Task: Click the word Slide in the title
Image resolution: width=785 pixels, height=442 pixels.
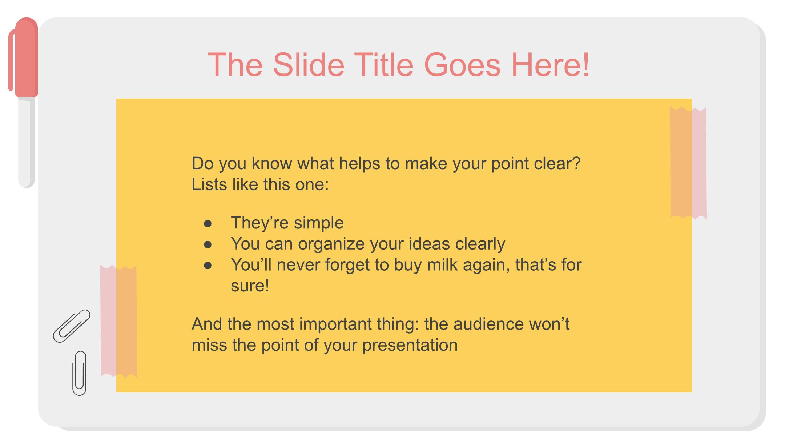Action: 309,65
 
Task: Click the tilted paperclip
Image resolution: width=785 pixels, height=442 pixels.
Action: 72,326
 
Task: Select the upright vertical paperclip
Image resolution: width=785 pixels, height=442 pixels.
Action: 79,373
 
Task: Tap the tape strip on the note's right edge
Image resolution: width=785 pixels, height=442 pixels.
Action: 688,163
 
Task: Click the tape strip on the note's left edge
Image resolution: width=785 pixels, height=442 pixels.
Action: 118,321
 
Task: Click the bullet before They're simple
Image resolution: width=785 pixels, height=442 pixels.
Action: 208,223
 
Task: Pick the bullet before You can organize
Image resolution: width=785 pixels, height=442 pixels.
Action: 208,244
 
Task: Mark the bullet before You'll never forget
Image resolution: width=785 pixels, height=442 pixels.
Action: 208,266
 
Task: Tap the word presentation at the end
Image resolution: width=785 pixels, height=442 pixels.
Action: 410,345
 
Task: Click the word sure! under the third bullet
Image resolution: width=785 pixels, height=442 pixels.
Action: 250,286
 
